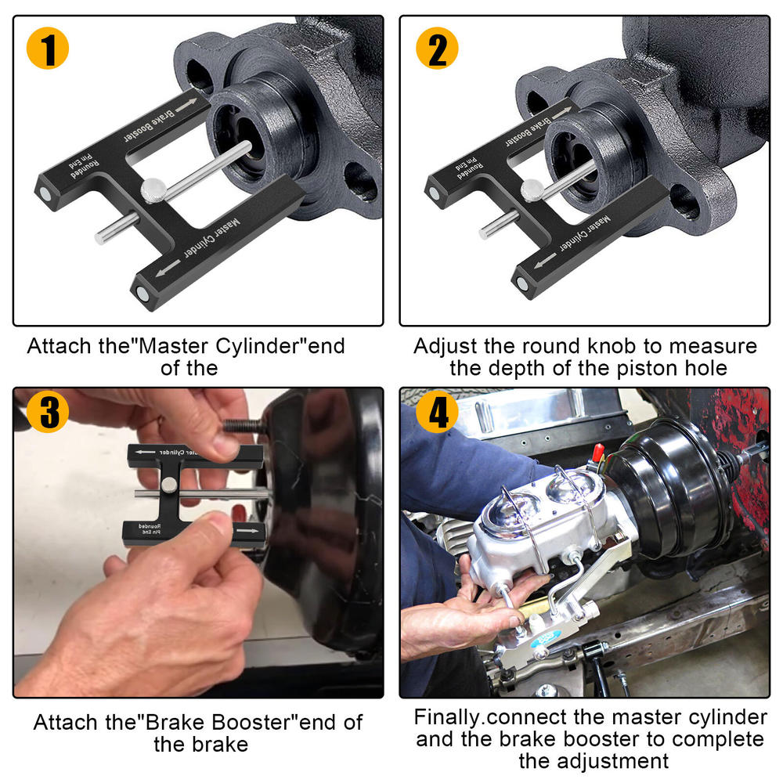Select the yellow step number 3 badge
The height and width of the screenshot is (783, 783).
tap(49, 412)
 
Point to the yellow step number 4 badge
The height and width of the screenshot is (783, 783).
tap(437, 412)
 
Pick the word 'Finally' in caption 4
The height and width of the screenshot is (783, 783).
tap(446, 716)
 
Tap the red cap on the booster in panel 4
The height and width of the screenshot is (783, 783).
tap(597, 452)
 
